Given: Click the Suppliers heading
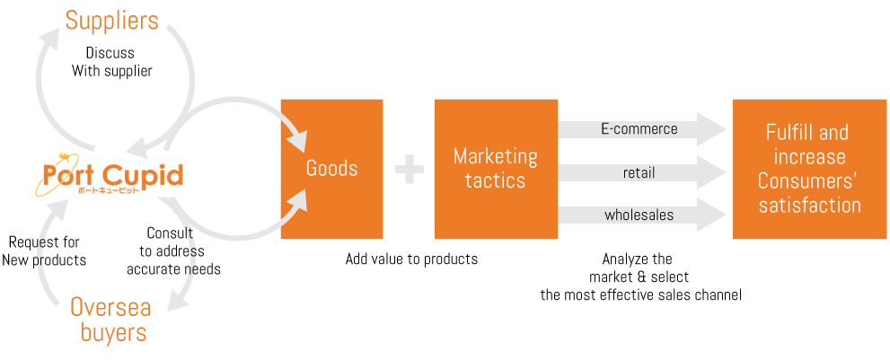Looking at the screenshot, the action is (112, 21).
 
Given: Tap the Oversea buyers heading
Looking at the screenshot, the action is (111, 320).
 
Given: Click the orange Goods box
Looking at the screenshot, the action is (332, 169).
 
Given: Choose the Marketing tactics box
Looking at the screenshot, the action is (496, 169).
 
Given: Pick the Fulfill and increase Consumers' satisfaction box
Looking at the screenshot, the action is (810, 169).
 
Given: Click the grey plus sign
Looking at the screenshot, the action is (410, 170).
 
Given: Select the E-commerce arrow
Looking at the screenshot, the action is (642, 129).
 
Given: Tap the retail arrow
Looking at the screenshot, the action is (642, 172).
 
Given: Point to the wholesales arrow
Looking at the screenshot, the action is (642, 215).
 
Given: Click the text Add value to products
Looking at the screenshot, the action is (411, 259).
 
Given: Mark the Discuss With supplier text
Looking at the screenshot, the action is (111, 63).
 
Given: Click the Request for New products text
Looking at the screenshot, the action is (44, 251).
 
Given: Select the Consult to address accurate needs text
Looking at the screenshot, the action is (173, 251).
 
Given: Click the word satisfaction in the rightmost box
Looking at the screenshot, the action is (810, 205).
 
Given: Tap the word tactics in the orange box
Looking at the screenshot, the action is (496, 180).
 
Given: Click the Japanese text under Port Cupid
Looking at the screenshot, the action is (108, 191).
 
